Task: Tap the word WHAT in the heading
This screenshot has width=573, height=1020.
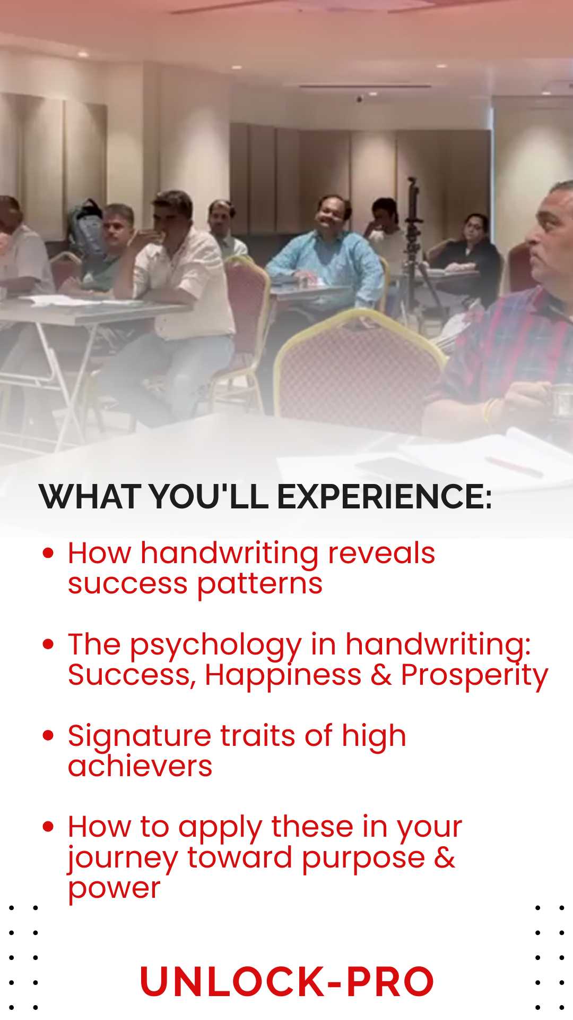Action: (90, 497)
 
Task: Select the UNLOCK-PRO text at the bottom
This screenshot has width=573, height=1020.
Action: (286, 981)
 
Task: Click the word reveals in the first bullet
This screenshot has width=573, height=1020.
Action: (381, 553)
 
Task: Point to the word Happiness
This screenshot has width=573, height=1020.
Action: (283, 676)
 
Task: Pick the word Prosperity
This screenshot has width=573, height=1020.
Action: (474, 676)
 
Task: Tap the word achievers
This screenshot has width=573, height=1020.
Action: (140, 767)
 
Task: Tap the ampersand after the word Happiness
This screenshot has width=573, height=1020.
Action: (381, 675)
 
